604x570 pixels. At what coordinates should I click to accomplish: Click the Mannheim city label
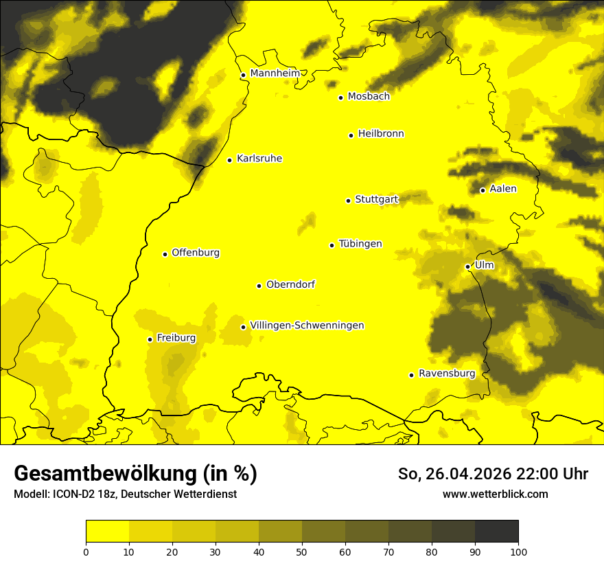tap(275, 73)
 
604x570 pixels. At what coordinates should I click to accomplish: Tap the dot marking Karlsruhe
tap(230, 160)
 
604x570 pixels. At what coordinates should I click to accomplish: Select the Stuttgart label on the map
tap(376, 200)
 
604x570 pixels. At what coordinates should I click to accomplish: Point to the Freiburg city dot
tap(150, 339)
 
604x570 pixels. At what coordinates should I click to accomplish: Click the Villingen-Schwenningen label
tap(307, 326)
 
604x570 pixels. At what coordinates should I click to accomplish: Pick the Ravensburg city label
tap(447, 374)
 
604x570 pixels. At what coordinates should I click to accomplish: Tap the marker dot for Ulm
tap(468, 266)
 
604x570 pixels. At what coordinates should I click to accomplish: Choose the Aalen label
tap(503, 189)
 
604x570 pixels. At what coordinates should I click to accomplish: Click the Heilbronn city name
tap(381, 134)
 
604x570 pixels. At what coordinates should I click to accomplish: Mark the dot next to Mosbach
tap(340, 98)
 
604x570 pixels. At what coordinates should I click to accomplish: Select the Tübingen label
tap(360, 244)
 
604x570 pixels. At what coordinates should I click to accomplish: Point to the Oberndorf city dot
tap(259, 286)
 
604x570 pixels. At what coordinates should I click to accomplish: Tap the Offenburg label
tap(196, 253)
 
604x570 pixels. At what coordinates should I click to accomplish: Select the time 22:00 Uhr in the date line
tap(546, 474)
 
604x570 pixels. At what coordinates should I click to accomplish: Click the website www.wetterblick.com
tap(496, 494)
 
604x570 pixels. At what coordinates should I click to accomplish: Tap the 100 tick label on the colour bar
tap(518, 551)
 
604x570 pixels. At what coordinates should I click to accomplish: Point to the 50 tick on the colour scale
tap(302, 551)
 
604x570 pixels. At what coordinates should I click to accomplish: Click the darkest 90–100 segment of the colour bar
tap(496, 532)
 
